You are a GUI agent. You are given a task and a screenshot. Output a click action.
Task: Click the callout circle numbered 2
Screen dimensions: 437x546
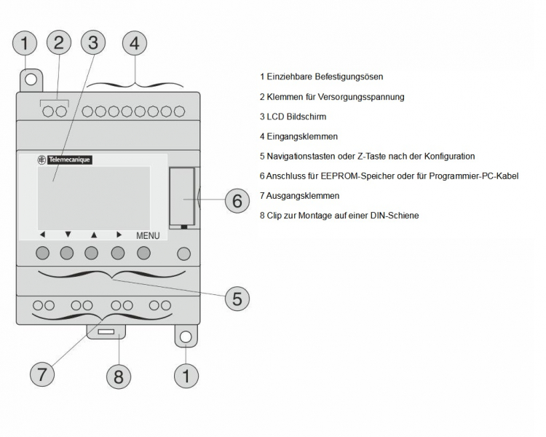(59, 43)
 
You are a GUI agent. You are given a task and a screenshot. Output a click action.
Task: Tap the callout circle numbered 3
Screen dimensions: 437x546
(92, 43)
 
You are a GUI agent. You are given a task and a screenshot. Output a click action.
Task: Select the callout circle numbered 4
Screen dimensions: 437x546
(134, 44)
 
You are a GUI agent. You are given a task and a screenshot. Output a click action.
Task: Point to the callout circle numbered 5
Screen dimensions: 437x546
(237, 297)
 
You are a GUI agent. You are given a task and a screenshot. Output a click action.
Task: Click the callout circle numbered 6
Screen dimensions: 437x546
(237, 200)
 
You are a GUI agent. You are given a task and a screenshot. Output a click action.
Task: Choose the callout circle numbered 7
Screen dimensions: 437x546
(41, 374)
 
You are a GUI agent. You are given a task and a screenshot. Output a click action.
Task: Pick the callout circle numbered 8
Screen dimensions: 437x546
(119, 377)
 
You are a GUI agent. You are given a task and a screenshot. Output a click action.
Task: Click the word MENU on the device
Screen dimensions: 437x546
(148, 236)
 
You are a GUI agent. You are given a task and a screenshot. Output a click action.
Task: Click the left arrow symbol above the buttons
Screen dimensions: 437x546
(42, 235)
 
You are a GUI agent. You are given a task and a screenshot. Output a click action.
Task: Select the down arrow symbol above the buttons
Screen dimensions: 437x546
(68, 235)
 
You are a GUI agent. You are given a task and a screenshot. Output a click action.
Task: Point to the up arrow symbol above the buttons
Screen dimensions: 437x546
(93, 235)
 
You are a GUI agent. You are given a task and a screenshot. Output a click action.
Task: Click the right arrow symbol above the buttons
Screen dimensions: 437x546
(119, 235)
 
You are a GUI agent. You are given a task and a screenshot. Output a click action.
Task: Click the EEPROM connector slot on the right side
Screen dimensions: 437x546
(183, 197)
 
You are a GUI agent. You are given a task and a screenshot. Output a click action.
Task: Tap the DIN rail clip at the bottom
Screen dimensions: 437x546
(108, 333)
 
